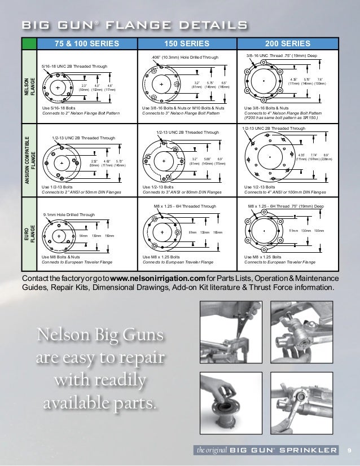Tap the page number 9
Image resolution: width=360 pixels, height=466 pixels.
pos(349,450)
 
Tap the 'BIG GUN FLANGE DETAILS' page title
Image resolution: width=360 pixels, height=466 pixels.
pos(133,26)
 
